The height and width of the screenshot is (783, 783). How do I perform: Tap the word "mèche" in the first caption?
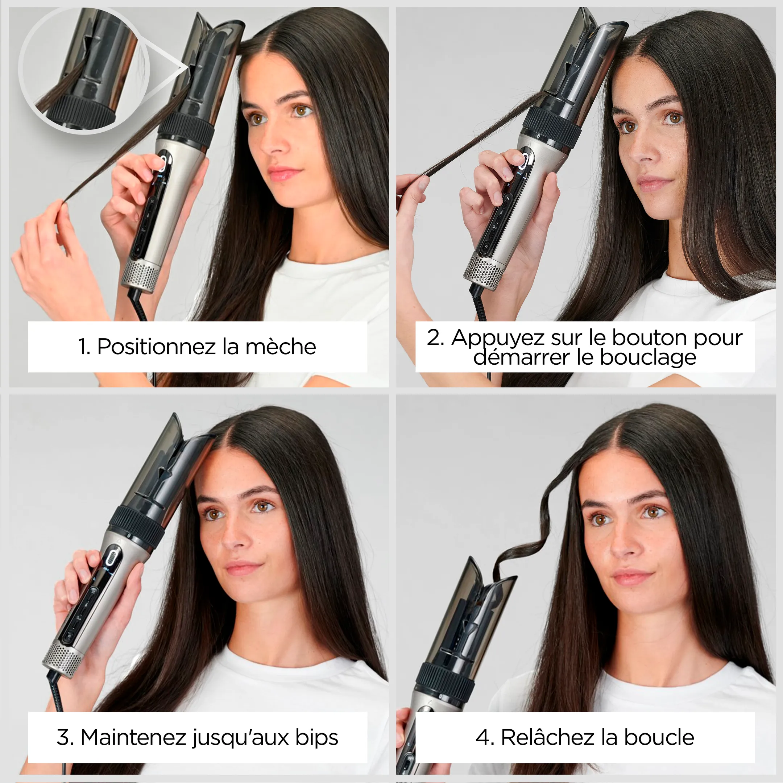coord(281,347)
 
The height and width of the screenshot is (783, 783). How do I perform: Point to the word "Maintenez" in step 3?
coord(133,737)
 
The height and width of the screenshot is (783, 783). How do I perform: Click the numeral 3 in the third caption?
coord(63,737)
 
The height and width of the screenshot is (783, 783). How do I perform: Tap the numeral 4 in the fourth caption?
coord(483,737)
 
